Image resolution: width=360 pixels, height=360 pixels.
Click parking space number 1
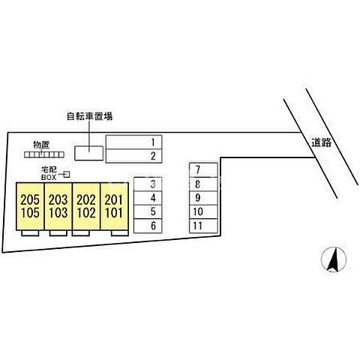tap(134, 142)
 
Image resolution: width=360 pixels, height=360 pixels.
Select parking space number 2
tap(134, 156)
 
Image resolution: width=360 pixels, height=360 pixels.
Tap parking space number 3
tap(148, 184)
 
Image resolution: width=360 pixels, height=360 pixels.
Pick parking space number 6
tap(148, 226)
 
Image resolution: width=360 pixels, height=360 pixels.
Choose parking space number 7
tap(203, 170)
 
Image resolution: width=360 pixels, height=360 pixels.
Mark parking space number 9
tap(203, 198)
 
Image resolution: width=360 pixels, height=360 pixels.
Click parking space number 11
tap(203, 226)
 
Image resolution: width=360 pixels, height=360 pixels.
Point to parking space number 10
tap(203, 212)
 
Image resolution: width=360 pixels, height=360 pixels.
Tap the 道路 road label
tap(322, 142)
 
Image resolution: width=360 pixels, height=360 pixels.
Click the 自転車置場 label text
tap(89, 116)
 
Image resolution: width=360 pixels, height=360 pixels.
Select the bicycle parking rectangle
tap(89, 153)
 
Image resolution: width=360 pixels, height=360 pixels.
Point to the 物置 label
tap(41, 145)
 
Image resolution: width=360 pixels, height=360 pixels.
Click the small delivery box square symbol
tap(66, 174)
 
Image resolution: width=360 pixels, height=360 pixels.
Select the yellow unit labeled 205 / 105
tap(30, 206)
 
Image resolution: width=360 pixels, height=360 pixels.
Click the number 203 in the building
tap(58, 199)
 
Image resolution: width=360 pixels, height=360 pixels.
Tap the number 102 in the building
tap(86, 213)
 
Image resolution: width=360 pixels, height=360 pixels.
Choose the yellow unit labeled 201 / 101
tap(114, 206)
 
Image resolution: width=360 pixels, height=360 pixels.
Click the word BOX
tap(49, 178)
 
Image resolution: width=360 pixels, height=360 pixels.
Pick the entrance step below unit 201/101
tap(120, 233)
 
